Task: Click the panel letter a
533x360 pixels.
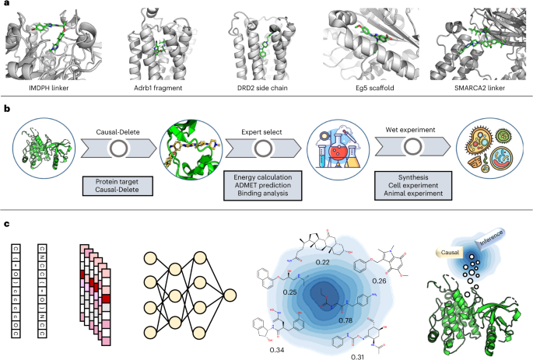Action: pos(7,5)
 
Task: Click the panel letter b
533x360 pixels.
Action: pos(7,106)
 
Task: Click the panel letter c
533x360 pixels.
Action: pos(7,225)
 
